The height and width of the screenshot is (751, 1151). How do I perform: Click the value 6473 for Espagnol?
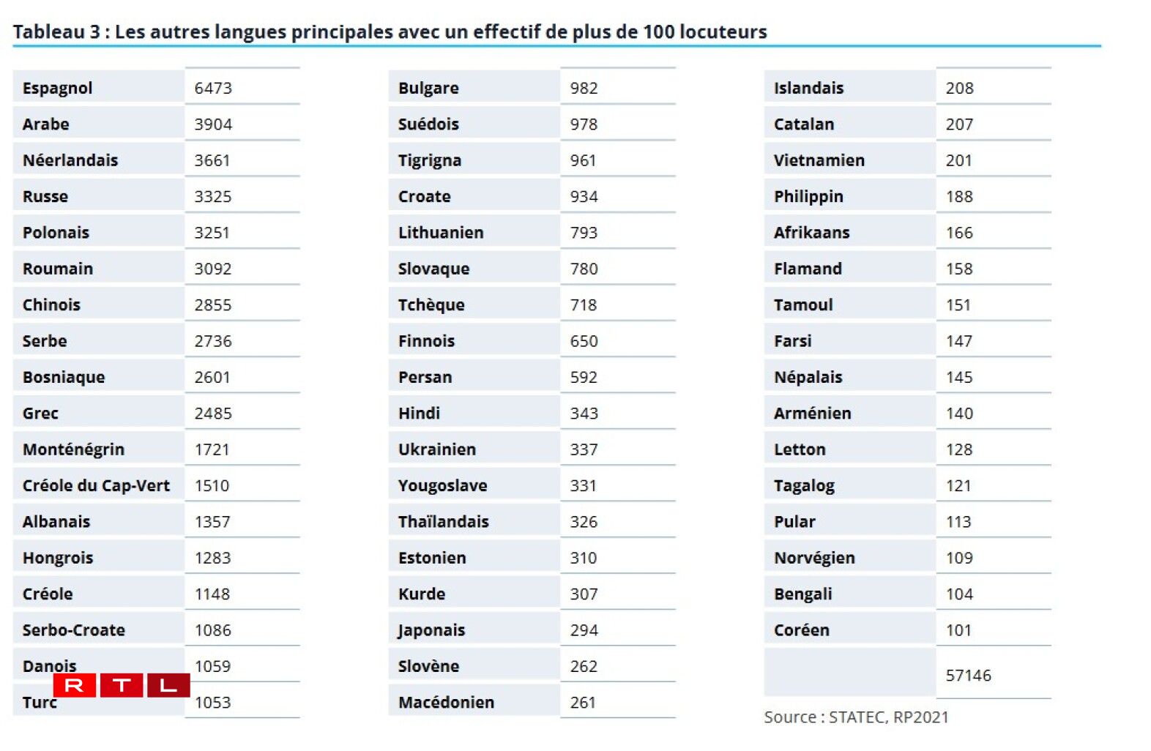click(x=213, y=88)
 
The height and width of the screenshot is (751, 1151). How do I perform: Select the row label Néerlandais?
click(x=70, y=160)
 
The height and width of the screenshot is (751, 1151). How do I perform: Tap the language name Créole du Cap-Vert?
click(x=96, y=485)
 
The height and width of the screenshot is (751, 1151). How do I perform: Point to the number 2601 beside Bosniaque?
click(x=212, y=377)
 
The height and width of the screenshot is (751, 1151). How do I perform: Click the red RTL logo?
click(x=122, y=685)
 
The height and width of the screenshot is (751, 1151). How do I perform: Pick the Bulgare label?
click(x=428, y=88)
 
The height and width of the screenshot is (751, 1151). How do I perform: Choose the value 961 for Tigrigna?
click(x=583, y=160)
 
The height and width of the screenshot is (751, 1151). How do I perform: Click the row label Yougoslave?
click(x=442, y=485)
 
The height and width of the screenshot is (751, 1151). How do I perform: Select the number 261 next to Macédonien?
click(x=583, y=702)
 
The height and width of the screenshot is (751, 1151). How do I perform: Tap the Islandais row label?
click(x=808, y=88)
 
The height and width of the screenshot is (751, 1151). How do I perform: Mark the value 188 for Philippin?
click(x=959, y=196)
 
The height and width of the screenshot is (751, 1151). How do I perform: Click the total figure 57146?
click(x=968, y=675)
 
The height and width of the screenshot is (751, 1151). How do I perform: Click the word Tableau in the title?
click(x=48, y=31)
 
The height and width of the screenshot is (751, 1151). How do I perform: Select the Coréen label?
click(x=802, y=630)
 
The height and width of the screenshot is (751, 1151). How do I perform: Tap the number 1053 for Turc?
click(x=212, y=702)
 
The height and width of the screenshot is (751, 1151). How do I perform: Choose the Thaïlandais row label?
click(x=443, y=521)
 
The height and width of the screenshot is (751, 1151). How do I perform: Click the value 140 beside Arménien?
click(x=959, y=413)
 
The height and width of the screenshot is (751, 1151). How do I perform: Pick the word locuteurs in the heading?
click(x=723, y=31)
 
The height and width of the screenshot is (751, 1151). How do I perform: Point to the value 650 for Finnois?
click(x=584, y=341)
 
